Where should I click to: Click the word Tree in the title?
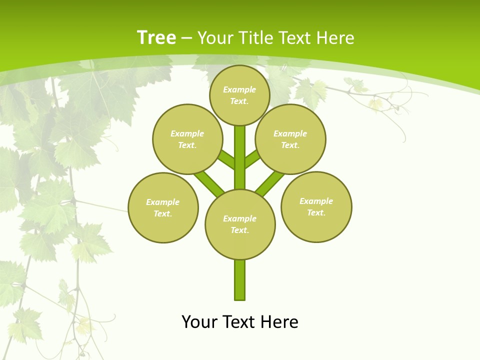(156, 38)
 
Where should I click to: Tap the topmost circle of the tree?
(239, 95)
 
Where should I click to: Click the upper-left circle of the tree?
(187, 139)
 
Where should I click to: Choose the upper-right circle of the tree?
(290, 139)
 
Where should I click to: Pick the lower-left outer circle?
(163, 207)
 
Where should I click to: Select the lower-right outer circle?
(316, 206)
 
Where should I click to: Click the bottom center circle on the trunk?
(240, 224)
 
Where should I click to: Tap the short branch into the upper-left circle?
(226, 159)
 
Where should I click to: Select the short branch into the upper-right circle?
(253, 158)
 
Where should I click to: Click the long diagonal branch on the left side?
(209, 183)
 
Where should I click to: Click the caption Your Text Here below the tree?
(240, 321)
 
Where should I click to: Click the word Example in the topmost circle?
(239, 89)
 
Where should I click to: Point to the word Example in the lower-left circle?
(162, 202)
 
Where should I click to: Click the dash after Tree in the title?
(186, 38)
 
